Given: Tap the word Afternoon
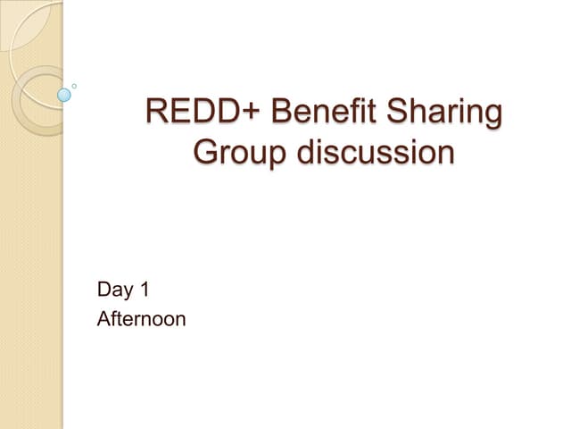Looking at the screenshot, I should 141,318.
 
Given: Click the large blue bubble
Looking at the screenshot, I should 64,93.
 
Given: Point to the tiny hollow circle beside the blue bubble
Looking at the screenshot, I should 74,86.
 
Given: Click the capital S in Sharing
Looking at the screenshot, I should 397,115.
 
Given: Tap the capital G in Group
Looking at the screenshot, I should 206,153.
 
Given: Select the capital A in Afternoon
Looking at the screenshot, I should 103,318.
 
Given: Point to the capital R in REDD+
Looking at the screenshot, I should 157,115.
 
